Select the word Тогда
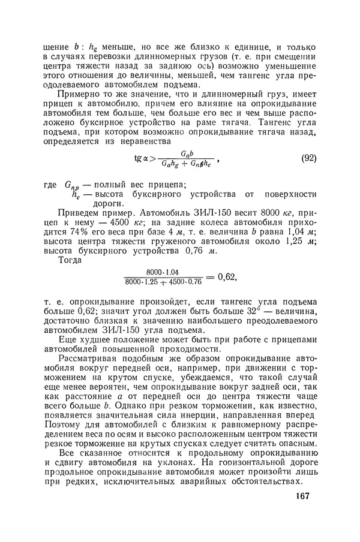71,265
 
